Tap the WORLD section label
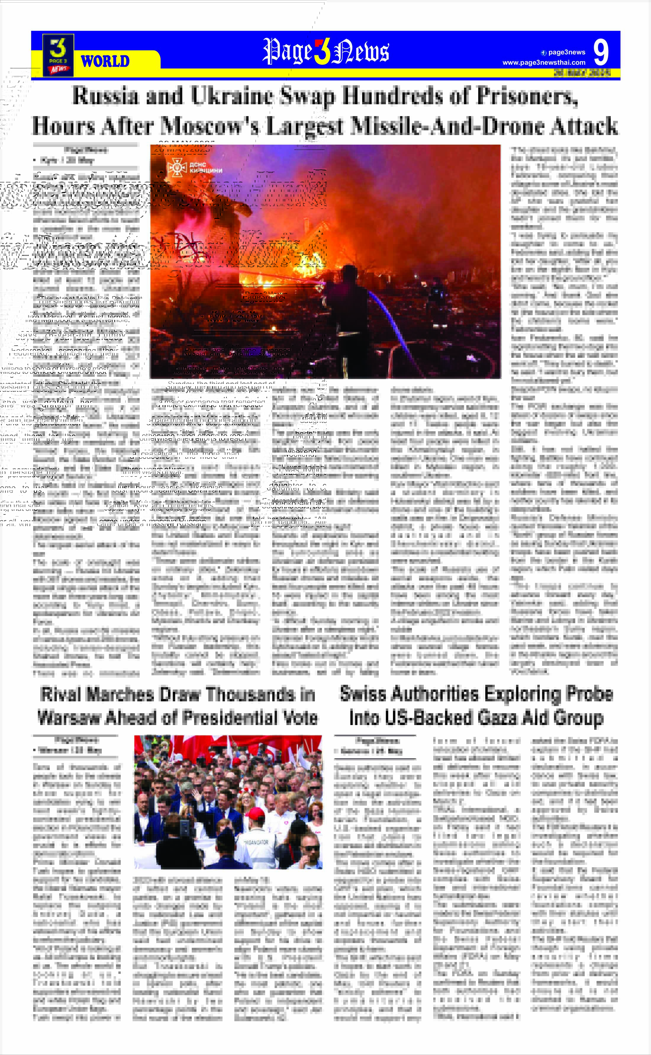click(105, 62)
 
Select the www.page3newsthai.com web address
click(544, 62)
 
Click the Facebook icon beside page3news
click(544, 53)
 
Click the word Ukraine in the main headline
click(232, 96)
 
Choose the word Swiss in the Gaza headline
click(365, 694)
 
